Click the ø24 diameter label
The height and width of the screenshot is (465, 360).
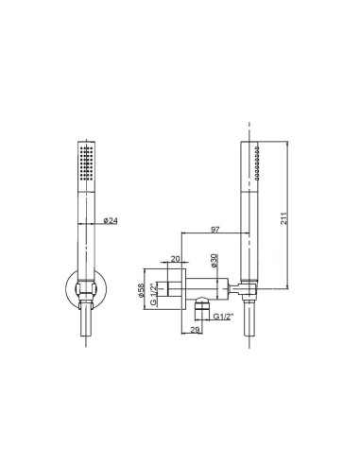(111, 220)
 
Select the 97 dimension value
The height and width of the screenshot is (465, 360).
(214, 230)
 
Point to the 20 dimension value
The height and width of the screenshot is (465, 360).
(175, 259)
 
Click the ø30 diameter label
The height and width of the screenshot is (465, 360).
(214, 261)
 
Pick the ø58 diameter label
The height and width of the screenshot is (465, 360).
(141, 290)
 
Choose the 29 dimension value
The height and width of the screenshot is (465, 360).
(196, 330)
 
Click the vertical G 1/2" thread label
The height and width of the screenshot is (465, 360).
(153, 294)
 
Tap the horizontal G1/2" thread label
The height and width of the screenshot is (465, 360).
(223, 317)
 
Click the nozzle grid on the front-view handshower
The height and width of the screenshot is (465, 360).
(86, 163)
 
